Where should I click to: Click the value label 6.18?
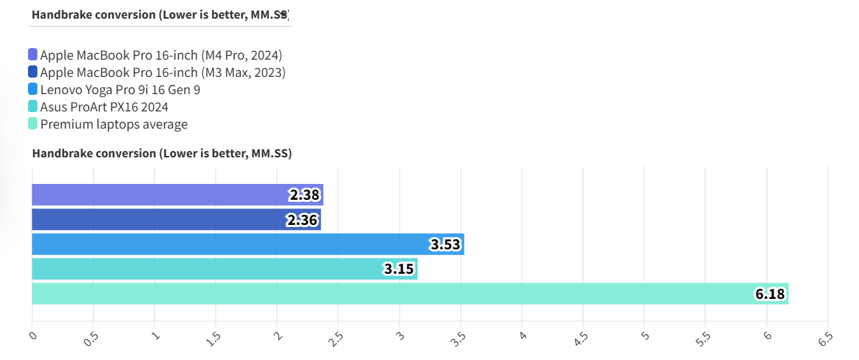(x=771, y=294)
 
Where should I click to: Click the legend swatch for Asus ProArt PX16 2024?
(x=33, y=107)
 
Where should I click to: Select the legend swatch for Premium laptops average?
(x=33, y=124)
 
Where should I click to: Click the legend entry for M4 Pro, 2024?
(x=160, y=55)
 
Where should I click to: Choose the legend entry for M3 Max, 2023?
(x=162, y=73)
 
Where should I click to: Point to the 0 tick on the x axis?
(x=32, y=335)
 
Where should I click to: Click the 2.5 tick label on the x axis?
(x=336, y=338)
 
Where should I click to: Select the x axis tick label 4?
(x=523, y=335)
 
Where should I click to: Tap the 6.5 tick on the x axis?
(x=826, y=338)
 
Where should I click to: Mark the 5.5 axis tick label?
(x=704, y=338)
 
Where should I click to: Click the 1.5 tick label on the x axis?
(x=213, y=338)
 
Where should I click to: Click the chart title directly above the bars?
(x=162, y=153)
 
